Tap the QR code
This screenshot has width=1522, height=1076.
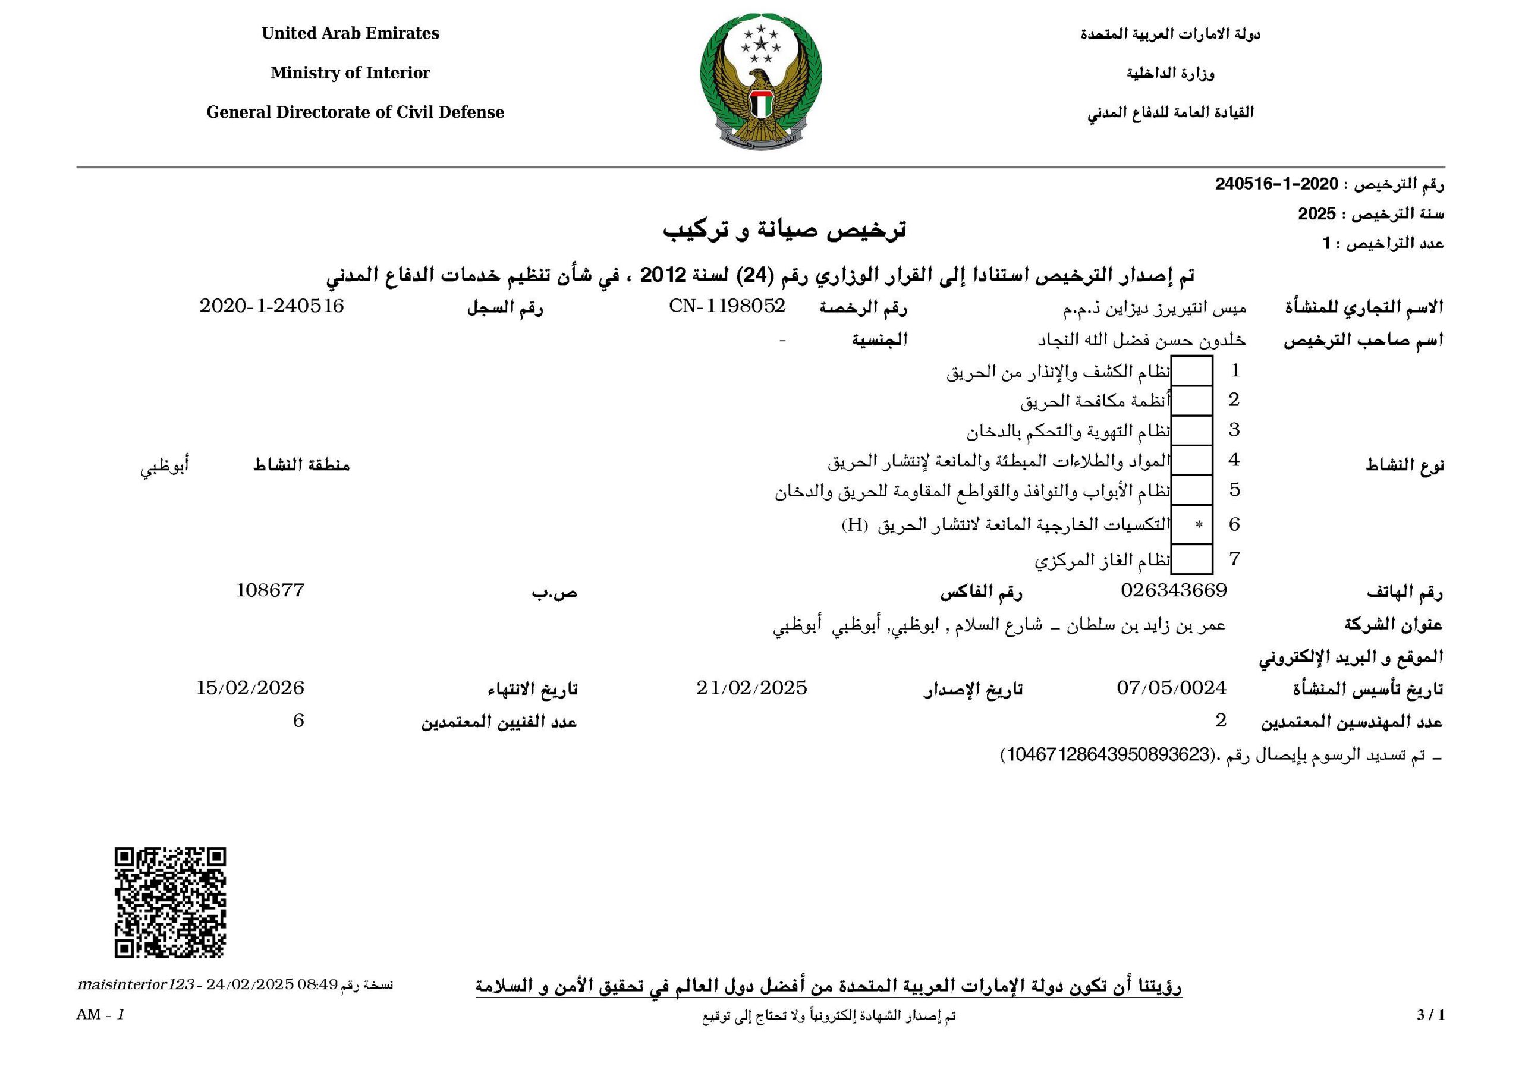(171, 902)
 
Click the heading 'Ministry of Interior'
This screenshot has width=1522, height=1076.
(350, 73)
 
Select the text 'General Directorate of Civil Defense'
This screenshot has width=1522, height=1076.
(355, 112)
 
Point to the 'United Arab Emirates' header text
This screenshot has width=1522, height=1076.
(350, 33)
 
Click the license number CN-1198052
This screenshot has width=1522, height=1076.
(727, 306)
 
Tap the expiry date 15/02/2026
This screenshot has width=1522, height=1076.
(250, 687)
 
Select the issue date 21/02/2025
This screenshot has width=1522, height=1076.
(751, 687)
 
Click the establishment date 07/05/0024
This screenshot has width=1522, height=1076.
(1171, 687)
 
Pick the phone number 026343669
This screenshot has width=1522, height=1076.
(1174, 589)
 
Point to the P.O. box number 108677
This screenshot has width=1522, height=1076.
(271, 589)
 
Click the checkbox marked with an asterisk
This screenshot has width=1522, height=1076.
(1192, 524)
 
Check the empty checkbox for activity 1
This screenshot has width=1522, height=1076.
(1192, 370)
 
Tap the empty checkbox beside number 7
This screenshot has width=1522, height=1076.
(1192, 559)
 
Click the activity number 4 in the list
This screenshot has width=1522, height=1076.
(1234, 460)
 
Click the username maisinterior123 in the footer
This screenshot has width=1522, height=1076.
(134, 984)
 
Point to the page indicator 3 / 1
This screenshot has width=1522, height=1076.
(1430, 1015)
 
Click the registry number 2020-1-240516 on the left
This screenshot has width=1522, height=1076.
(272, 306)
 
